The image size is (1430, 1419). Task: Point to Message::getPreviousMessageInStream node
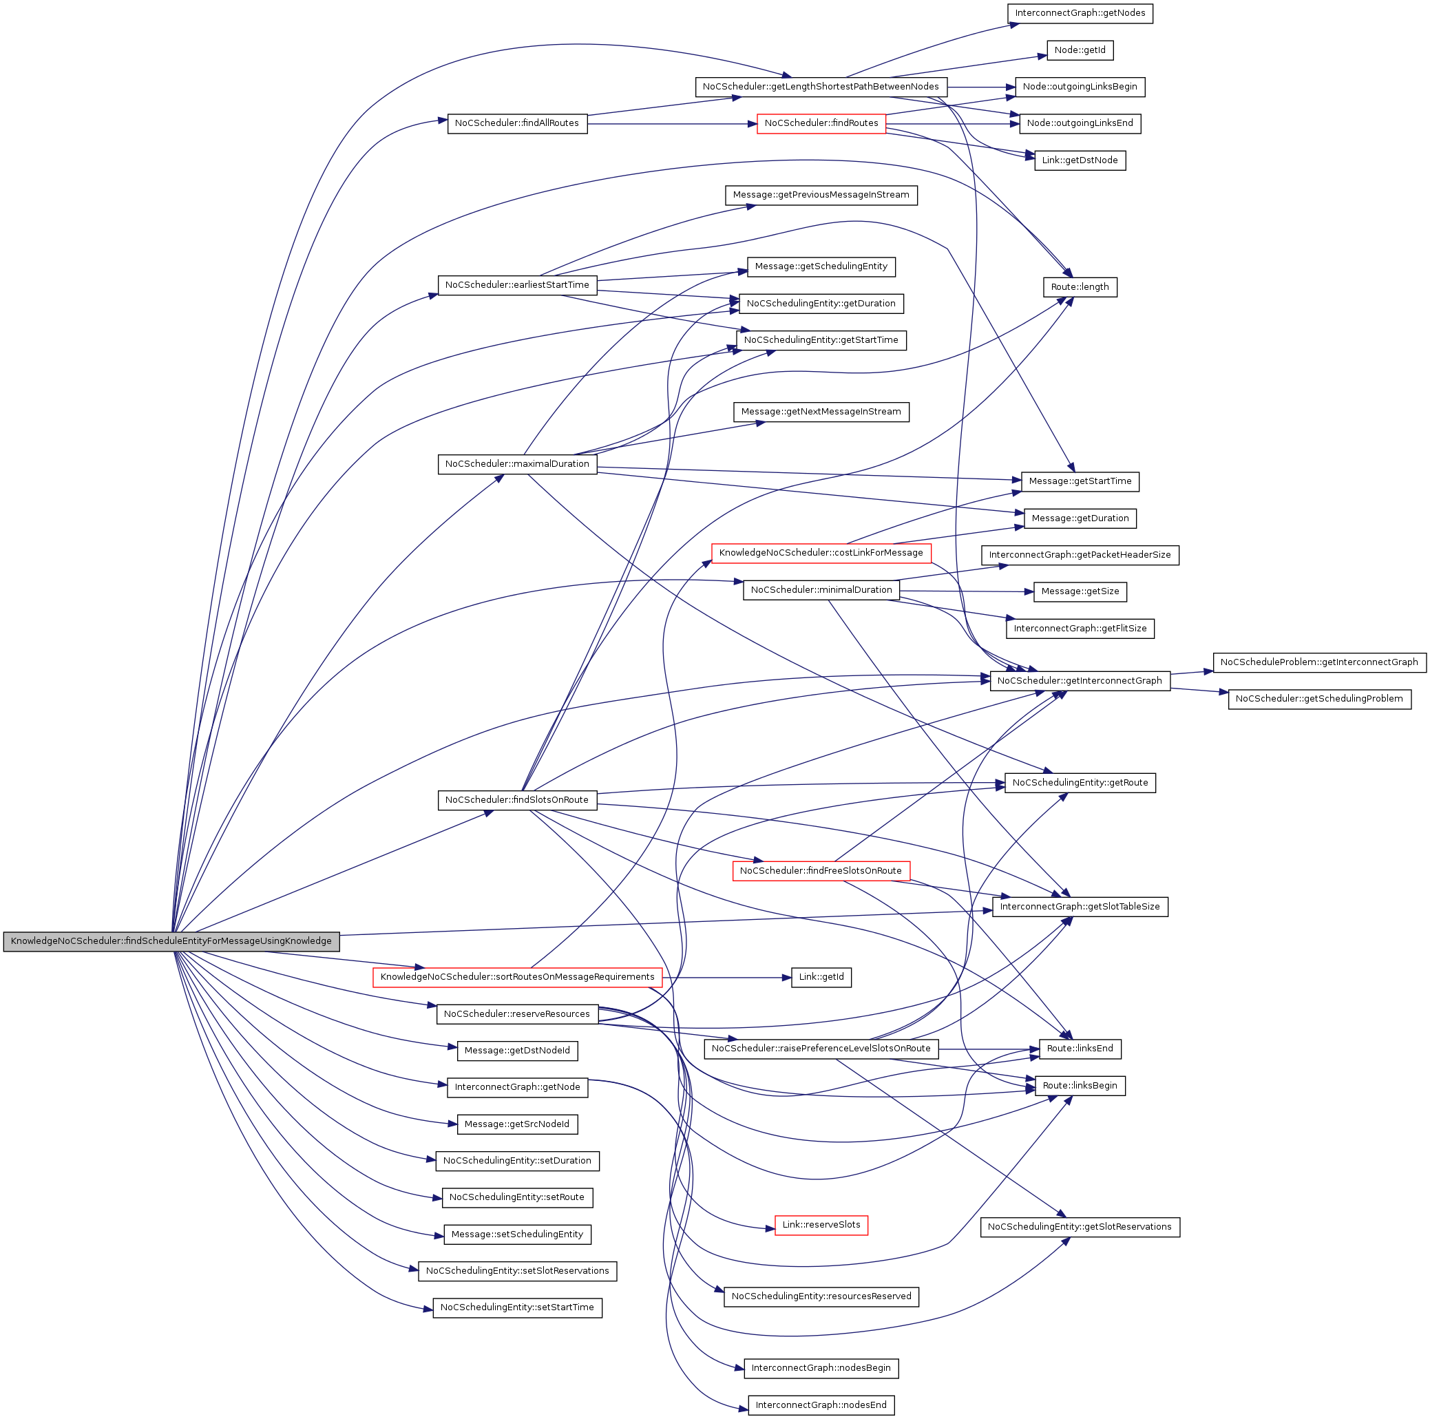(821, 195)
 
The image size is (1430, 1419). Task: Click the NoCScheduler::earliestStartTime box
(516, 285)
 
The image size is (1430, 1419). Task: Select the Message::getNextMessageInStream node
(821, 412)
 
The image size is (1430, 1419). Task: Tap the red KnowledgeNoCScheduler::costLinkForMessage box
(821, 552)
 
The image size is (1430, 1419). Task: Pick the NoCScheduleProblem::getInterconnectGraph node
(1318, 662)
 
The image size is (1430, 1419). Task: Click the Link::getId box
(821, 977)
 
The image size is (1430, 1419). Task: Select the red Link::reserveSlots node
(821, 1225)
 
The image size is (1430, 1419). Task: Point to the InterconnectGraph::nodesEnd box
(821, 1405)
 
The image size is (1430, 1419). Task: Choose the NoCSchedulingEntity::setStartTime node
(516, 1307)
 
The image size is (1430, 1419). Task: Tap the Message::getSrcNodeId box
(516, 1124)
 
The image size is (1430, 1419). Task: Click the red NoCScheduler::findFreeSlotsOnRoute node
(821, 870)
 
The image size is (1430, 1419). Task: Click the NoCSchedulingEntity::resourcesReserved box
(821, 1296)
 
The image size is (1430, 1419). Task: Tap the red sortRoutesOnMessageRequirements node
(516, 977)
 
